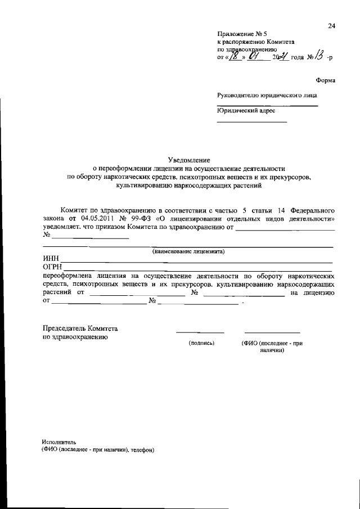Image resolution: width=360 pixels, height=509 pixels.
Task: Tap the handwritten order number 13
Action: click(x=318, y=56)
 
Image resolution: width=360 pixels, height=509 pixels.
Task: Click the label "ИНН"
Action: click(x=51, y=259)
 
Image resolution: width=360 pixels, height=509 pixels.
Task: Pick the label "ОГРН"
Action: click(x=53, y=267)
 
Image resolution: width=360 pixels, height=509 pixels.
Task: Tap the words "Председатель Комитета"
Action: click(x=80, y=328)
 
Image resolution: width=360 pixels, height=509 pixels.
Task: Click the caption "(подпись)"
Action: click(x=201, y=343)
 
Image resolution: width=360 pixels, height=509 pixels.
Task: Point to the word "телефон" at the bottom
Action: click(x=141, y=451)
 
